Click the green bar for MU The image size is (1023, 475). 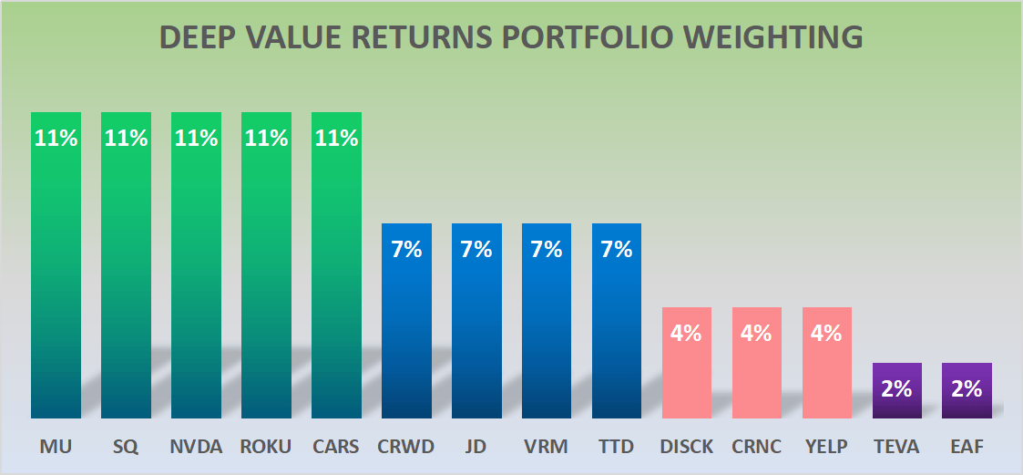point(56,274)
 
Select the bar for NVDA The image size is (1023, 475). point(196,274)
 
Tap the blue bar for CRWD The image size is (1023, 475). point(406,328)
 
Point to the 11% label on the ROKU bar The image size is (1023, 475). point(266,139)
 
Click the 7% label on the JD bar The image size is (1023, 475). point(476,249)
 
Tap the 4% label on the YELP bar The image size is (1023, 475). point(826,333)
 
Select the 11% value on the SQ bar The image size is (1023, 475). point(126,139)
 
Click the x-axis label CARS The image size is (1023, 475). point(336,448)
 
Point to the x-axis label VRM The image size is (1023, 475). point(547,448)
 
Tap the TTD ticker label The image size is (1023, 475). point(617,448)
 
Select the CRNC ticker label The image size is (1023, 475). point(756,448)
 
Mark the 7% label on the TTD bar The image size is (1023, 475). point(617,249)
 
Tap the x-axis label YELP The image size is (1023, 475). point(826,448)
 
